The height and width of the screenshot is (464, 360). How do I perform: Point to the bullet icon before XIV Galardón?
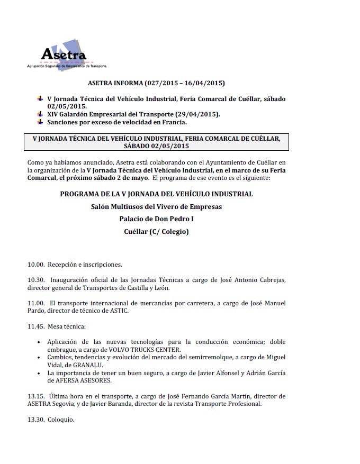(40, 114)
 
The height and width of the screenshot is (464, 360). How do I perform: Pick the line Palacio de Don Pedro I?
(156, 219)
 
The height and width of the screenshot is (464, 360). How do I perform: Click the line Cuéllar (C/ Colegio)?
(156, 231)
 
